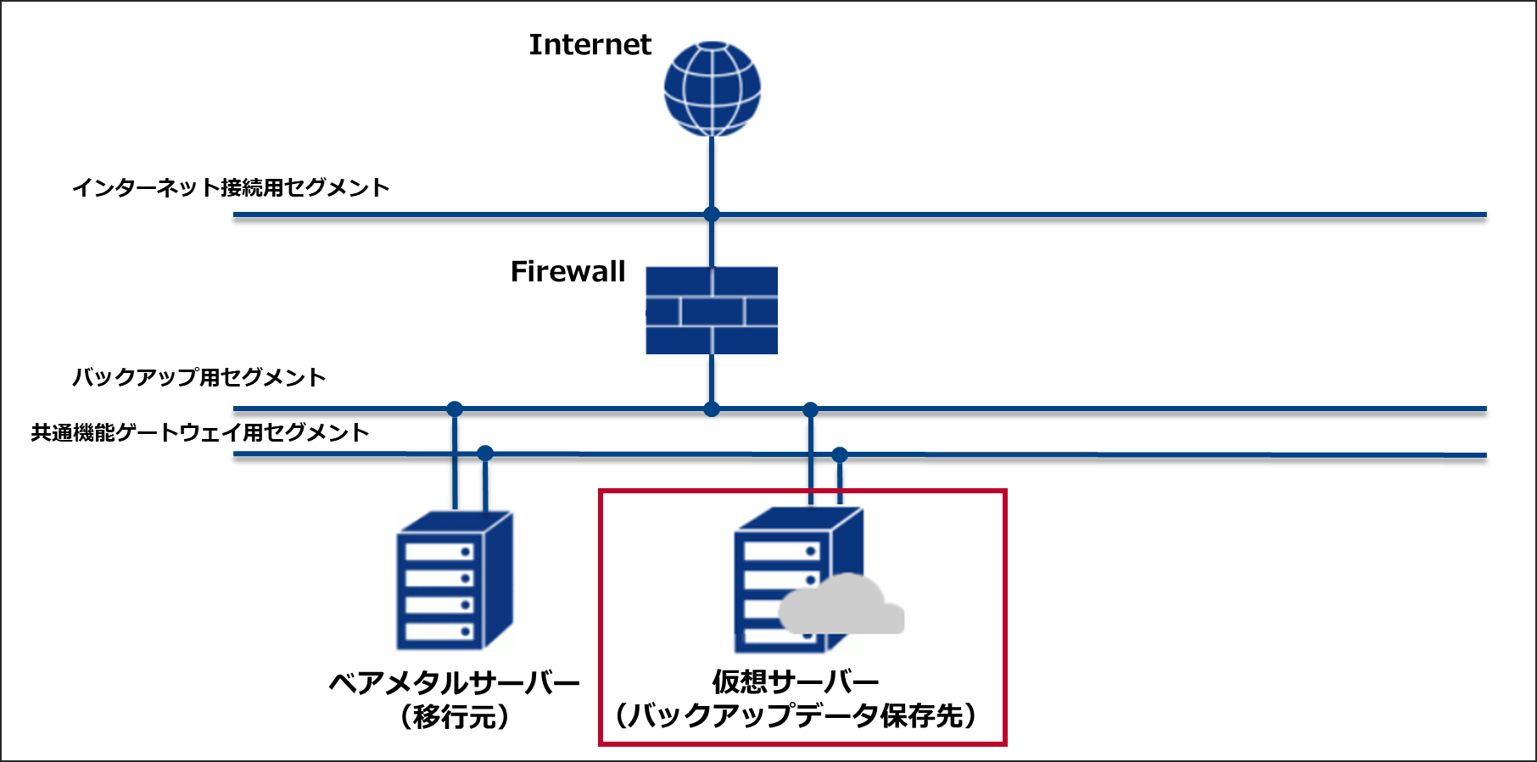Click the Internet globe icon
pos(712,88)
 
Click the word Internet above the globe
pos(590,45)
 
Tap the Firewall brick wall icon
pos(712,310)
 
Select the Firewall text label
pos(567,271)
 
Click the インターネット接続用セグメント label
pos(231,187)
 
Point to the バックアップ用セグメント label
pos(198,377)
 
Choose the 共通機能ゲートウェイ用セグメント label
pos(200,432)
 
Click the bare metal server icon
pos(454,581)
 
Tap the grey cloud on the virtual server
pos(840,607)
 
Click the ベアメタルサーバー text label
pos(454,682)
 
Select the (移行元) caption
pos(455,717)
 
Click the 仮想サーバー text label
pos(795,681)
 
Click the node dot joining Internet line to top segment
pos(712,214)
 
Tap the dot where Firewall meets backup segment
pos(712,409)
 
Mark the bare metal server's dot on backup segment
pos(455,409)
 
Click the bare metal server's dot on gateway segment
pos(485,453)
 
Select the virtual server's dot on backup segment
pos(811,409)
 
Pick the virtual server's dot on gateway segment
pos(840,455)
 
